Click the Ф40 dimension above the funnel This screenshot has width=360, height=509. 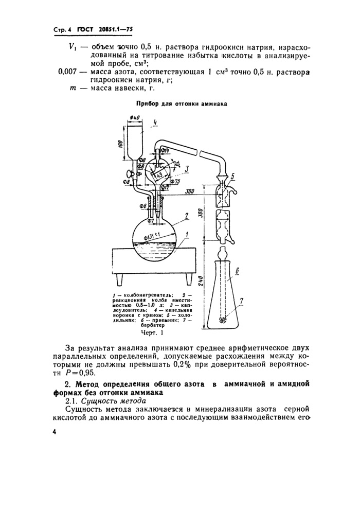135,119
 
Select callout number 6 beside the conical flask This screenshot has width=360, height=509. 237,270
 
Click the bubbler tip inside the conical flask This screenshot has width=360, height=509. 223,320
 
